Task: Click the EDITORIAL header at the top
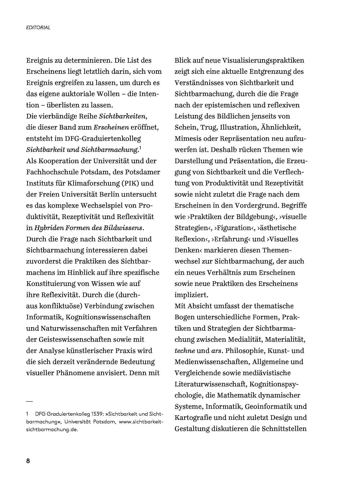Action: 38,28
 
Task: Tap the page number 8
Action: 28,461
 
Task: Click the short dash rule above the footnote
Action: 29,401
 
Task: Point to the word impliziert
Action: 191,295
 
